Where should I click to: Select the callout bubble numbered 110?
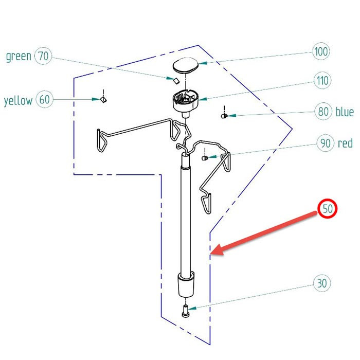click(322, 81)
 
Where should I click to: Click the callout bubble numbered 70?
click(43, 56)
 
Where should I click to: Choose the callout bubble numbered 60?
click(45, 100)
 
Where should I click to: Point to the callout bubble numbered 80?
click(323, 112)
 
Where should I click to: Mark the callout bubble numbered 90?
click(325, 143)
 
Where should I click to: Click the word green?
click(19, 56)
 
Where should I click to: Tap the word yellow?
click(18, 100)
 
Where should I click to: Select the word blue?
click(345, 112)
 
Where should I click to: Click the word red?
click(345, 143)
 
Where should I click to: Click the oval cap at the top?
click(185, 65)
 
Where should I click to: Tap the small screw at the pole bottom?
click(185, 310)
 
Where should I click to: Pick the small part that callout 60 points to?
click(103, 99)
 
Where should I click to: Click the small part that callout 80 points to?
click(224, 116)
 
